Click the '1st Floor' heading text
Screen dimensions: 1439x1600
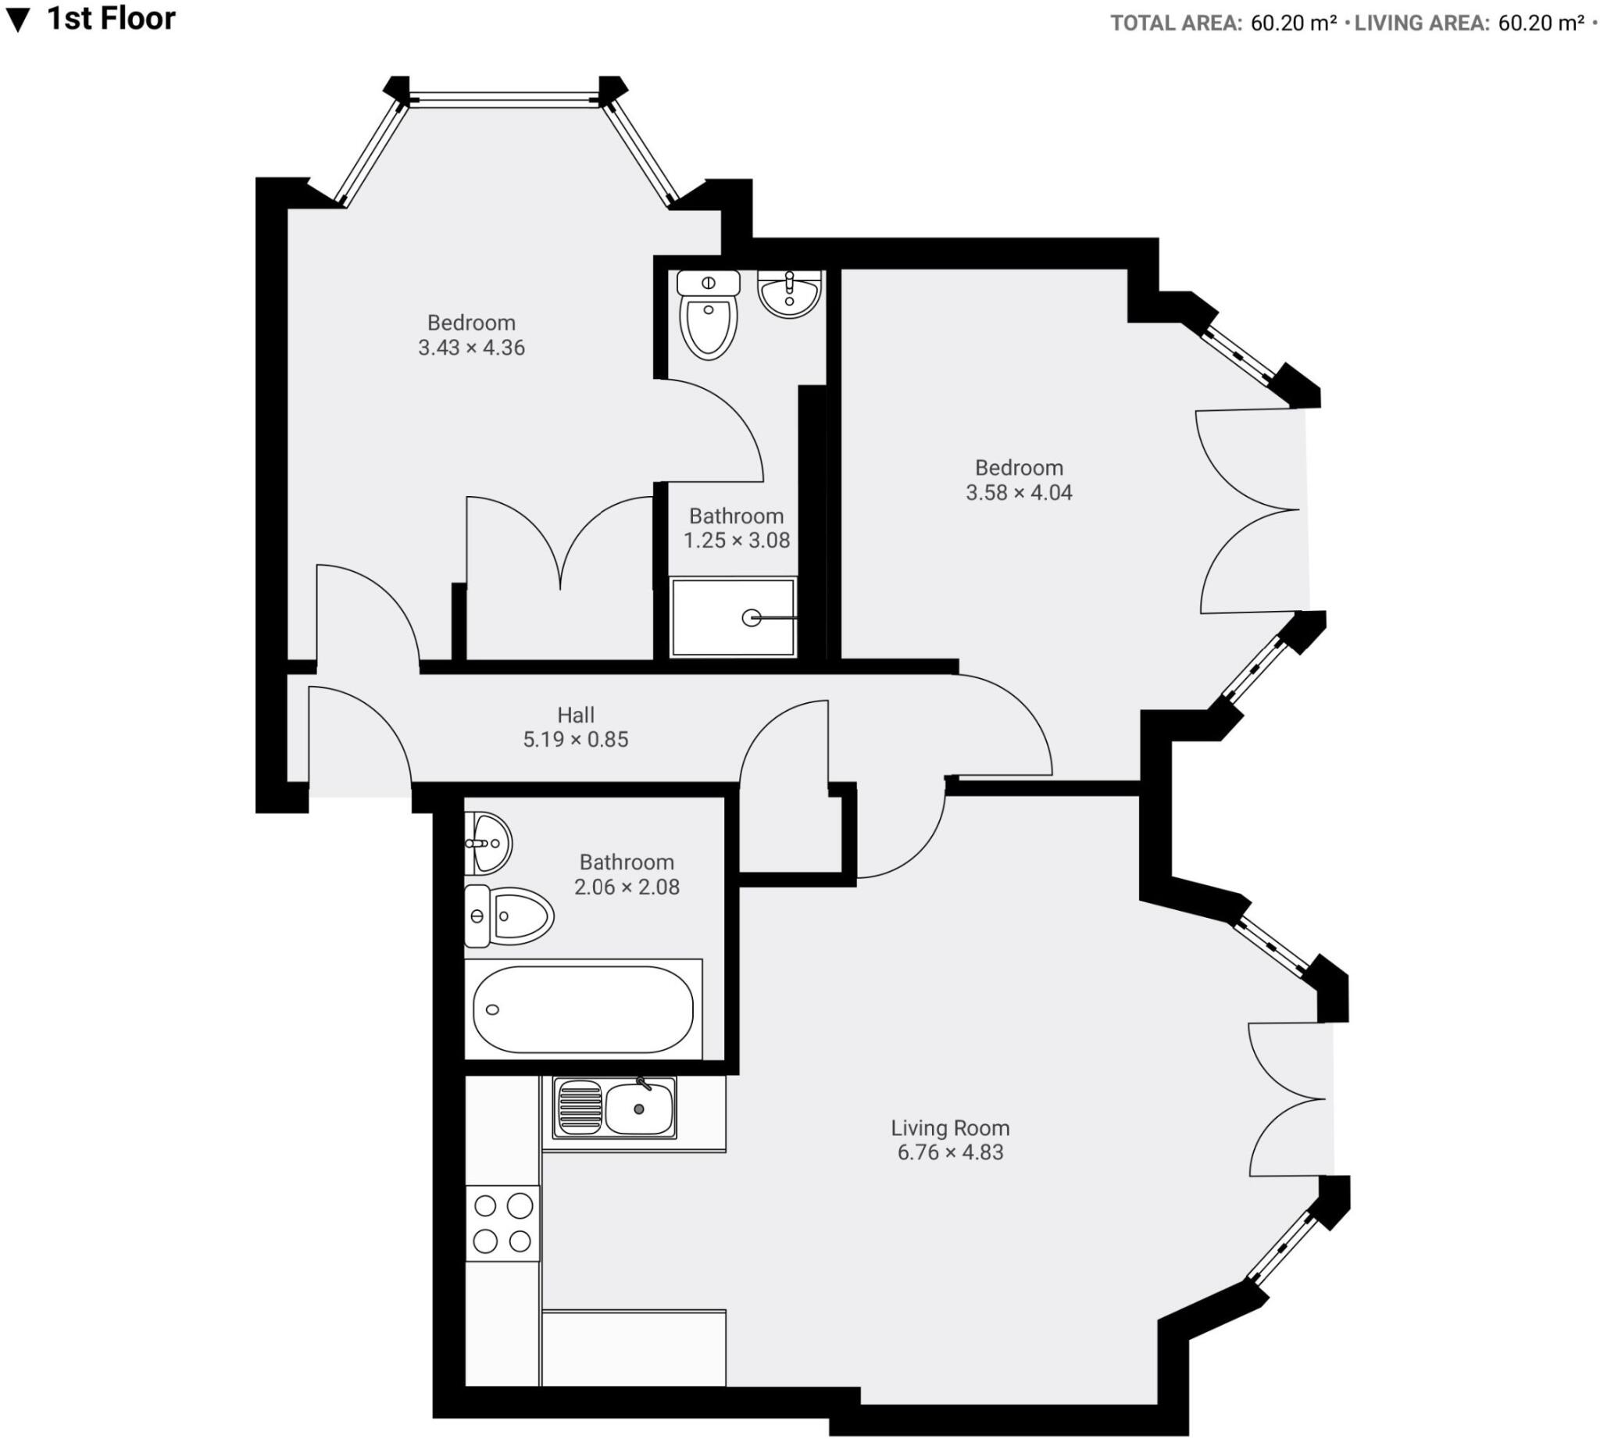[111, 19]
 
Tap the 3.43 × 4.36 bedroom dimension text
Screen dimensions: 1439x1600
[471, 348]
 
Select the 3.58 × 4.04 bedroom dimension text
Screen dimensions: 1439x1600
[1019, 493]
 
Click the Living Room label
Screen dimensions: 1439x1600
[950, 1127]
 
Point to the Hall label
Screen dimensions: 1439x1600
[576, 715]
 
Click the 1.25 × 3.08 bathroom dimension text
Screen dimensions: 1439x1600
[736, 541]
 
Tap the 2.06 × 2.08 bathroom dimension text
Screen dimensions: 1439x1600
[627, 887]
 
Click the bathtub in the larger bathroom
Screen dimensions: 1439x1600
[583, 1009]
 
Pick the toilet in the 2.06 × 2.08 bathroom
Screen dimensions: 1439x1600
[510, 916]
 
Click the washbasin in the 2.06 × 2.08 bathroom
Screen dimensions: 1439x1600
[487, 843]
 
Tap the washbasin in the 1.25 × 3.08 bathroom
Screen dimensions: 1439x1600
[789, 293]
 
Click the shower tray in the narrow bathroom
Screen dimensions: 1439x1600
[732, 617]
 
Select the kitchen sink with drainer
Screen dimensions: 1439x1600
[614, 1108]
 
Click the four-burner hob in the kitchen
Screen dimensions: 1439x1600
[502, 1223]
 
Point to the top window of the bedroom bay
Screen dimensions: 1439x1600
[504, 101]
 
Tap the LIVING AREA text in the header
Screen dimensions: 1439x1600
[1421, 23]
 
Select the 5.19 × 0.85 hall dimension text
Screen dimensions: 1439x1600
[576, 740]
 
